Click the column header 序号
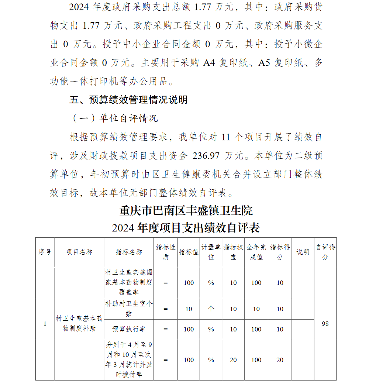pyautogui.click(x=45, y=252)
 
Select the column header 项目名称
pyautogui.click(x=79, y=252)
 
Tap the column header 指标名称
pyautogui.click(x=129, y=252)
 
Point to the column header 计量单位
pyautogui.click(x=211, y=252)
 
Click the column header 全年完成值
pyautogui.click(x=256, y=252)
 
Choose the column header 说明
pyautogui.click(x=303, y=252)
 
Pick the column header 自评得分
pyautogui.click(x=325, y=252)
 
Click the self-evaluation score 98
pyautogui.click(x=325, y=324)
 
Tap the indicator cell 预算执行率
pyautogui.click(x=129, y=329)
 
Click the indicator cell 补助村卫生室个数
pyautogui.click(x=129, y=309)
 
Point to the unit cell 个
pyautogui.click(x=211, y=309)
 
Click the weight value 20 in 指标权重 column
pyautogui.click(x=233, y=360)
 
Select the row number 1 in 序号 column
pyautogui.click(x=45, y=324)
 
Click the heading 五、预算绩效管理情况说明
pyautogui.click(x=128, y=100)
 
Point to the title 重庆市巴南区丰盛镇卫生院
pyautogui.click(x=186, y=211)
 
